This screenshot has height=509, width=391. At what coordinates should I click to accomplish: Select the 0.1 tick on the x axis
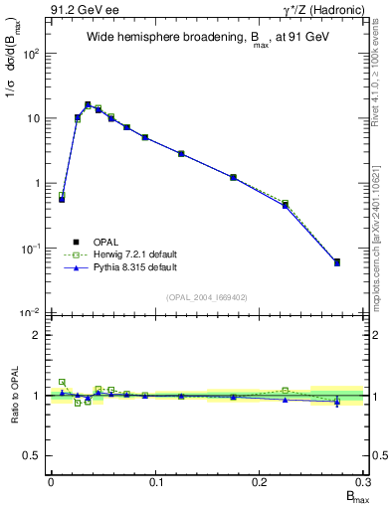point(155,481)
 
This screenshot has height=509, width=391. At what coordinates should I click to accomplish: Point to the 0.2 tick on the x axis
point(261,481)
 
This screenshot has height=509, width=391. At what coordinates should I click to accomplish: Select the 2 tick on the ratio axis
point(37,335)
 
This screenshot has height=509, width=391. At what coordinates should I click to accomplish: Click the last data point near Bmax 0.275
point(337,262)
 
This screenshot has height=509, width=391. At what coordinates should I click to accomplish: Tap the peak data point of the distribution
point(88,104)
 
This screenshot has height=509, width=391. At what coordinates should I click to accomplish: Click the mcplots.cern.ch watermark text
point(381,249)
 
